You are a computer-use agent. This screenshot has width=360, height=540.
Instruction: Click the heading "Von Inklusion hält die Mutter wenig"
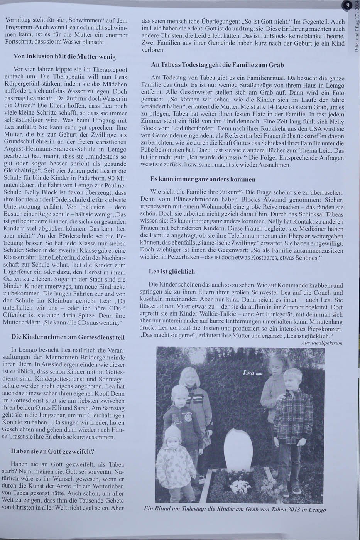point(64,56)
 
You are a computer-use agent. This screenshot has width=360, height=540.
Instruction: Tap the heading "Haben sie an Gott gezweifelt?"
point(52,451)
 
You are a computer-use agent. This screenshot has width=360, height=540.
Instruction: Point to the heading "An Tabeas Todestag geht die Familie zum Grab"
point(218,65)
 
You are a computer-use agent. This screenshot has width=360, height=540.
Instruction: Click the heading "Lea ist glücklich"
point(172,272)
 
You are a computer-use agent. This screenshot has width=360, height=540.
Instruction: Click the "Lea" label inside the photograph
point(249,373)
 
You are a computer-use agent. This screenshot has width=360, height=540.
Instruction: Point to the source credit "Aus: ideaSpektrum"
point(322,343)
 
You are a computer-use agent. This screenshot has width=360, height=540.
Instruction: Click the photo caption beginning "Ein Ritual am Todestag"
point(235,509)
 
